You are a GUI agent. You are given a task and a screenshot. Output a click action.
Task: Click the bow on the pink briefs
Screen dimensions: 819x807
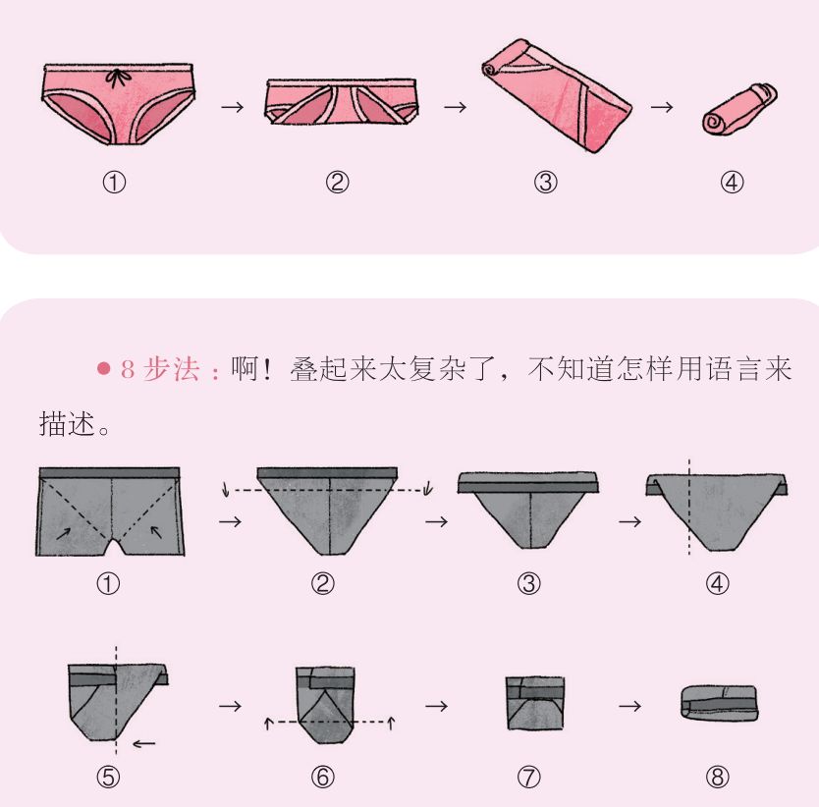click(x=117, y=79)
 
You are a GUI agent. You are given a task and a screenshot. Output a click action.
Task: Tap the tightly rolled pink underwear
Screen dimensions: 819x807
click(x=739, y=109)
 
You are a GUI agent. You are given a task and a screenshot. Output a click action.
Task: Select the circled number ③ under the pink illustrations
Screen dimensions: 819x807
click(x=545, y=183)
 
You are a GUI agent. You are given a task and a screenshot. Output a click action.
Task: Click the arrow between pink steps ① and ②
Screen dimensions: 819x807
click(x=233, y=107)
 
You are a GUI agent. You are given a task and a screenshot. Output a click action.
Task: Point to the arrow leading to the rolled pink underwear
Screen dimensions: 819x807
click(x=662, y=107)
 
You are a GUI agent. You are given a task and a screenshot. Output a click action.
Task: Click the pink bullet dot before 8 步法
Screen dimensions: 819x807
click(x=104, y=369)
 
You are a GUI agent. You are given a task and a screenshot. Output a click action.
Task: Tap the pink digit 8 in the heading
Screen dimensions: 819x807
click(x=128, y=369)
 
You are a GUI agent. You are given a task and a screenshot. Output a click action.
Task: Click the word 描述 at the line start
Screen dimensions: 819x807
click(x=68, y=423)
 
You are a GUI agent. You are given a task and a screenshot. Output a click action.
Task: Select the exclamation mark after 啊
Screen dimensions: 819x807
click(x=269, y=369)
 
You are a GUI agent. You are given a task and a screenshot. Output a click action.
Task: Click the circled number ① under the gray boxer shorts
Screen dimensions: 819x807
click(x=109, y=583)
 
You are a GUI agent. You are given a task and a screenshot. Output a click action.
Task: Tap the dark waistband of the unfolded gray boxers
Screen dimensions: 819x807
click(x=110, y=473)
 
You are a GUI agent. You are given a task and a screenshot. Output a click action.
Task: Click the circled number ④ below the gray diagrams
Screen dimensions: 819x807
click(x=717, y=583)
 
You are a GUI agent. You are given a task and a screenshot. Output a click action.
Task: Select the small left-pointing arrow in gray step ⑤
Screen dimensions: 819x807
click(x=144, y=744)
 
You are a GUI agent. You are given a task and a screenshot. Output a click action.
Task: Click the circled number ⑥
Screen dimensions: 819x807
click(x=323, y=778)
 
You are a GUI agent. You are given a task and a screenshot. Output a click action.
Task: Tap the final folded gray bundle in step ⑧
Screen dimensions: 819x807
click(x=719, y=703)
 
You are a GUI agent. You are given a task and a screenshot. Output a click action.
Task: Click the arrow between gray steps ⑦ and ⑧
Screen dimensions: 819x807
click(x=630, y=706)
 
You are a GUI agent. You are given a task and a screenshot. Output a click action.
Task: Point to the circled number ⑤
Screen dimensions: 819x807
click(x=109, y=778)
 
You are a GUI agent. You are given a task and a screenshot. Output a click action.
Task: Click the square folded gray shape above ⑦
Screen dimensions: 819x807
click(x=535, y=703)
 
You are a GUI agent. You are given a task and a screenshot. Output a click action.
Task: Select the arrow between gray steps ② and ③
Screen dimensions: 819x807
click(x=437, y=521)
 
